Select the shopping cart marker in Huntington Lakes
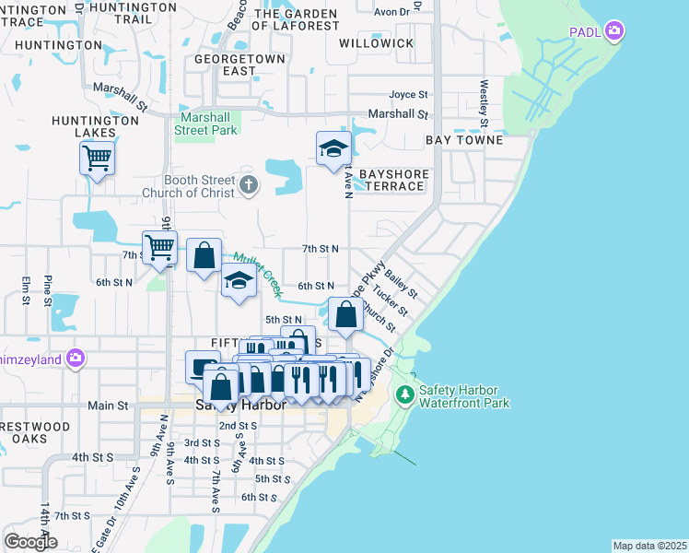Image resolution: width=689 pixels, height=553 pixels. tap(97, 159)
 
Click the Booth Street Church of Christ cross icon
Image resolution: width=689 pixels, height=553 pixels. tap(247, 186)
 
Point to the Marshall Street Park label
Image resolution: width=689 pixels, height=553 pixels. tap(206, 124)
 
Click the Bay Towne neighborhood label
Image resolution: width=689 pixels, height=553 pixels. tap(464, 140)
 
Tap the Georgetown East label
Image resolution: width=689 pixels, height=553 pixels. tap(226, 65)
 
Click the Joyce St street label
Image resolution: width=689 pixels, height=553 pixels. tap(408, 94)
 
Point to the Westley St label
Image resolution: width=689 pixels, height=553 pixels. tap(484, 103)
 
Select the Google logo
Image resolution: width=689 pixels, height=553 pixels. tap(30, 542)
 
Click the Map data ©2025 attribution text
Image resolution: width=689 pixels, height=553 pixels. tap(649, 546)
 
